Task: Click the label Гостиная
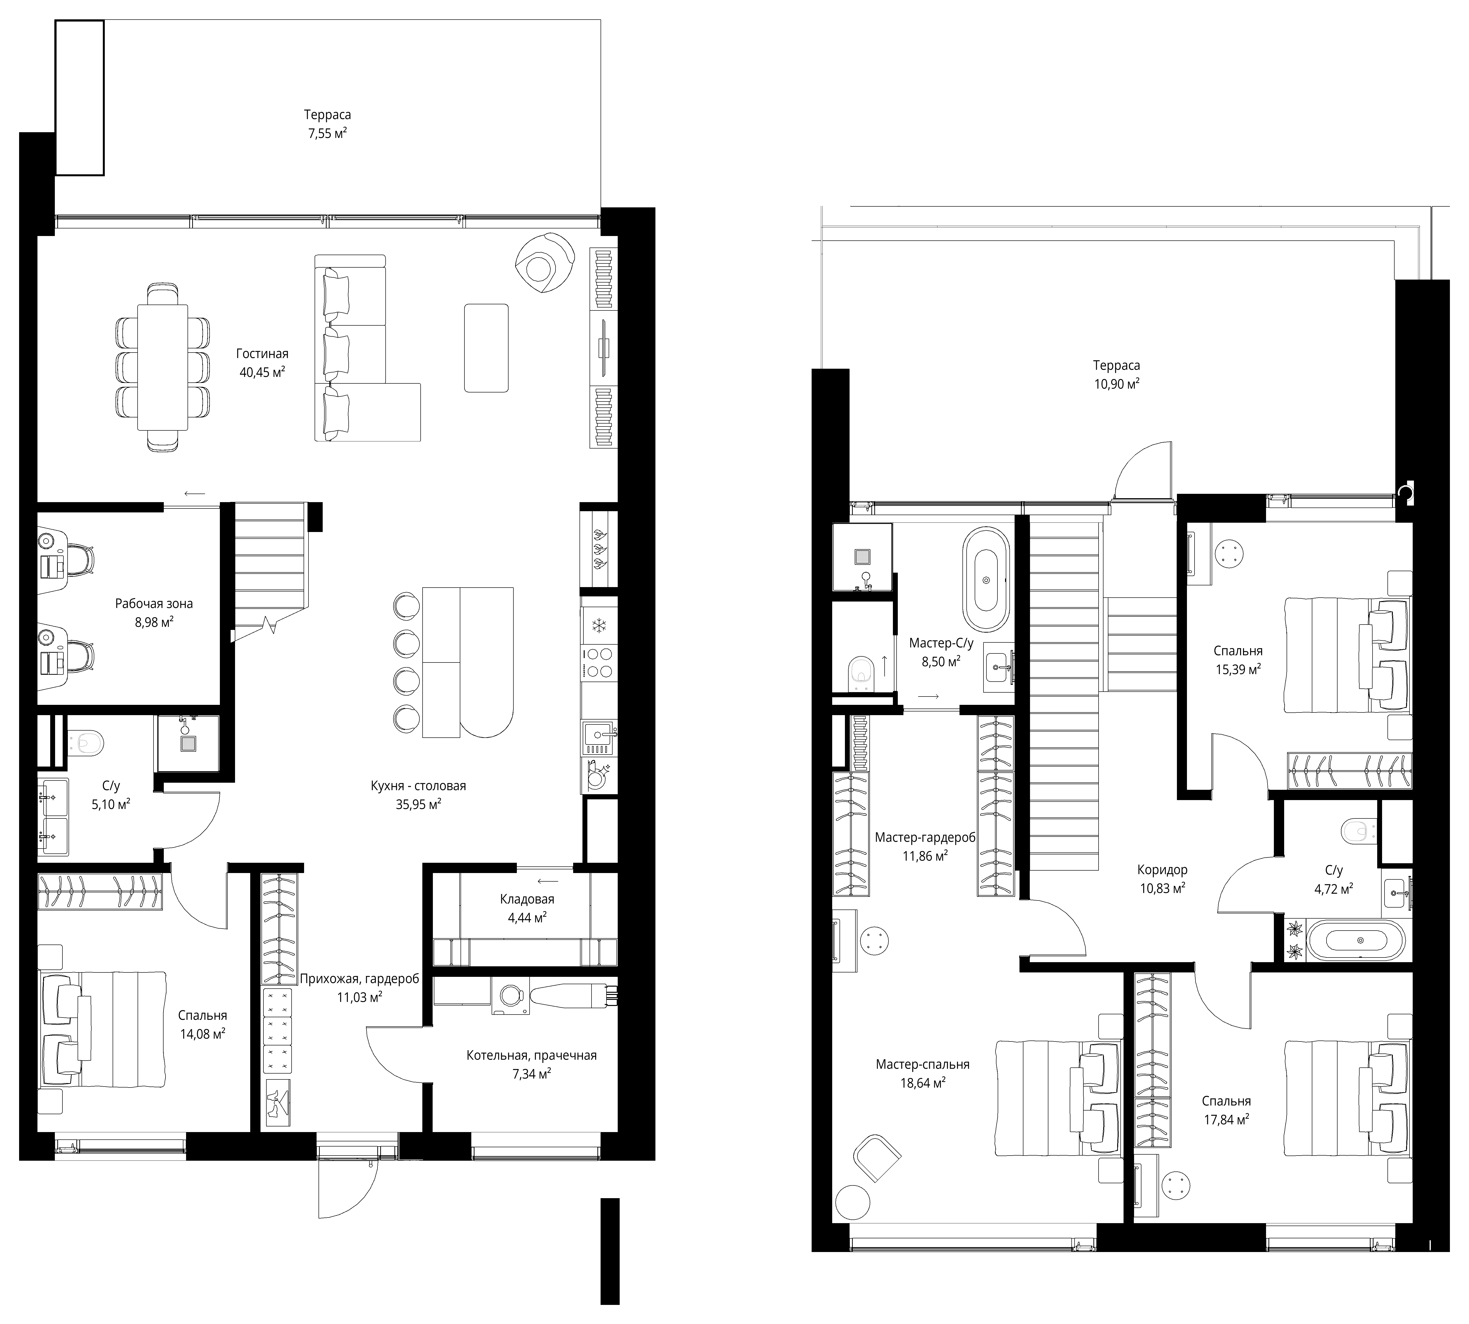click(x=262, y=354)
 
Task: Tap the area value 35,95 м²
click(x=418, y=804)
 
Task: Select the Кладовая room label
click(x=527, y=899)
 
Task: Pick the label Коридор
click(x=1162, y=869)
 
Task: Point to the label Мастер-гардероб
click(x=925, y=837)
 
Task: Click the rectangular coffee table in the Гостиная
click(x=486, y=348)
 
